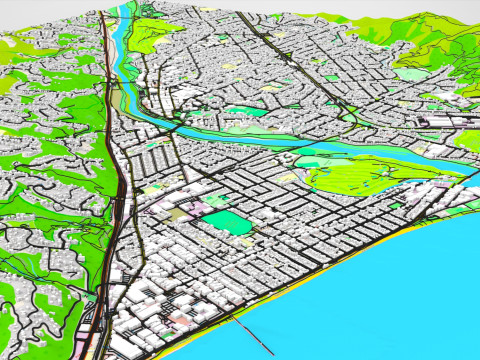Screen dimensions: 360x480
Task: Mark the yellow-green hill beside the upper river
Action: coord(150,35)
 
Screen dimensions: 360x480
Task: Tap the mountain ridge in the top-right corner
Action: coord(440,30)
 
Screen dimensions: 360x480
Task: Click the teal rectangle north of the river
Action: coord(243,111)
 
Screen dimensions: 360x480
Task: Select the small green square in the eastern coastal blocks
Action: coord(396,205)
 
